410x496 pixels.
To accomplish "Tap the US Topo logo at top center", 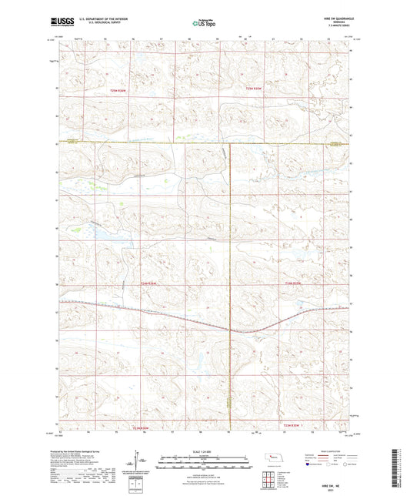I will click(x=204, y=24).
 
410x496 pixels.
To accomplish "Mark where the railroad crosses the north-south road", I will click(x=230, y=329).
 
